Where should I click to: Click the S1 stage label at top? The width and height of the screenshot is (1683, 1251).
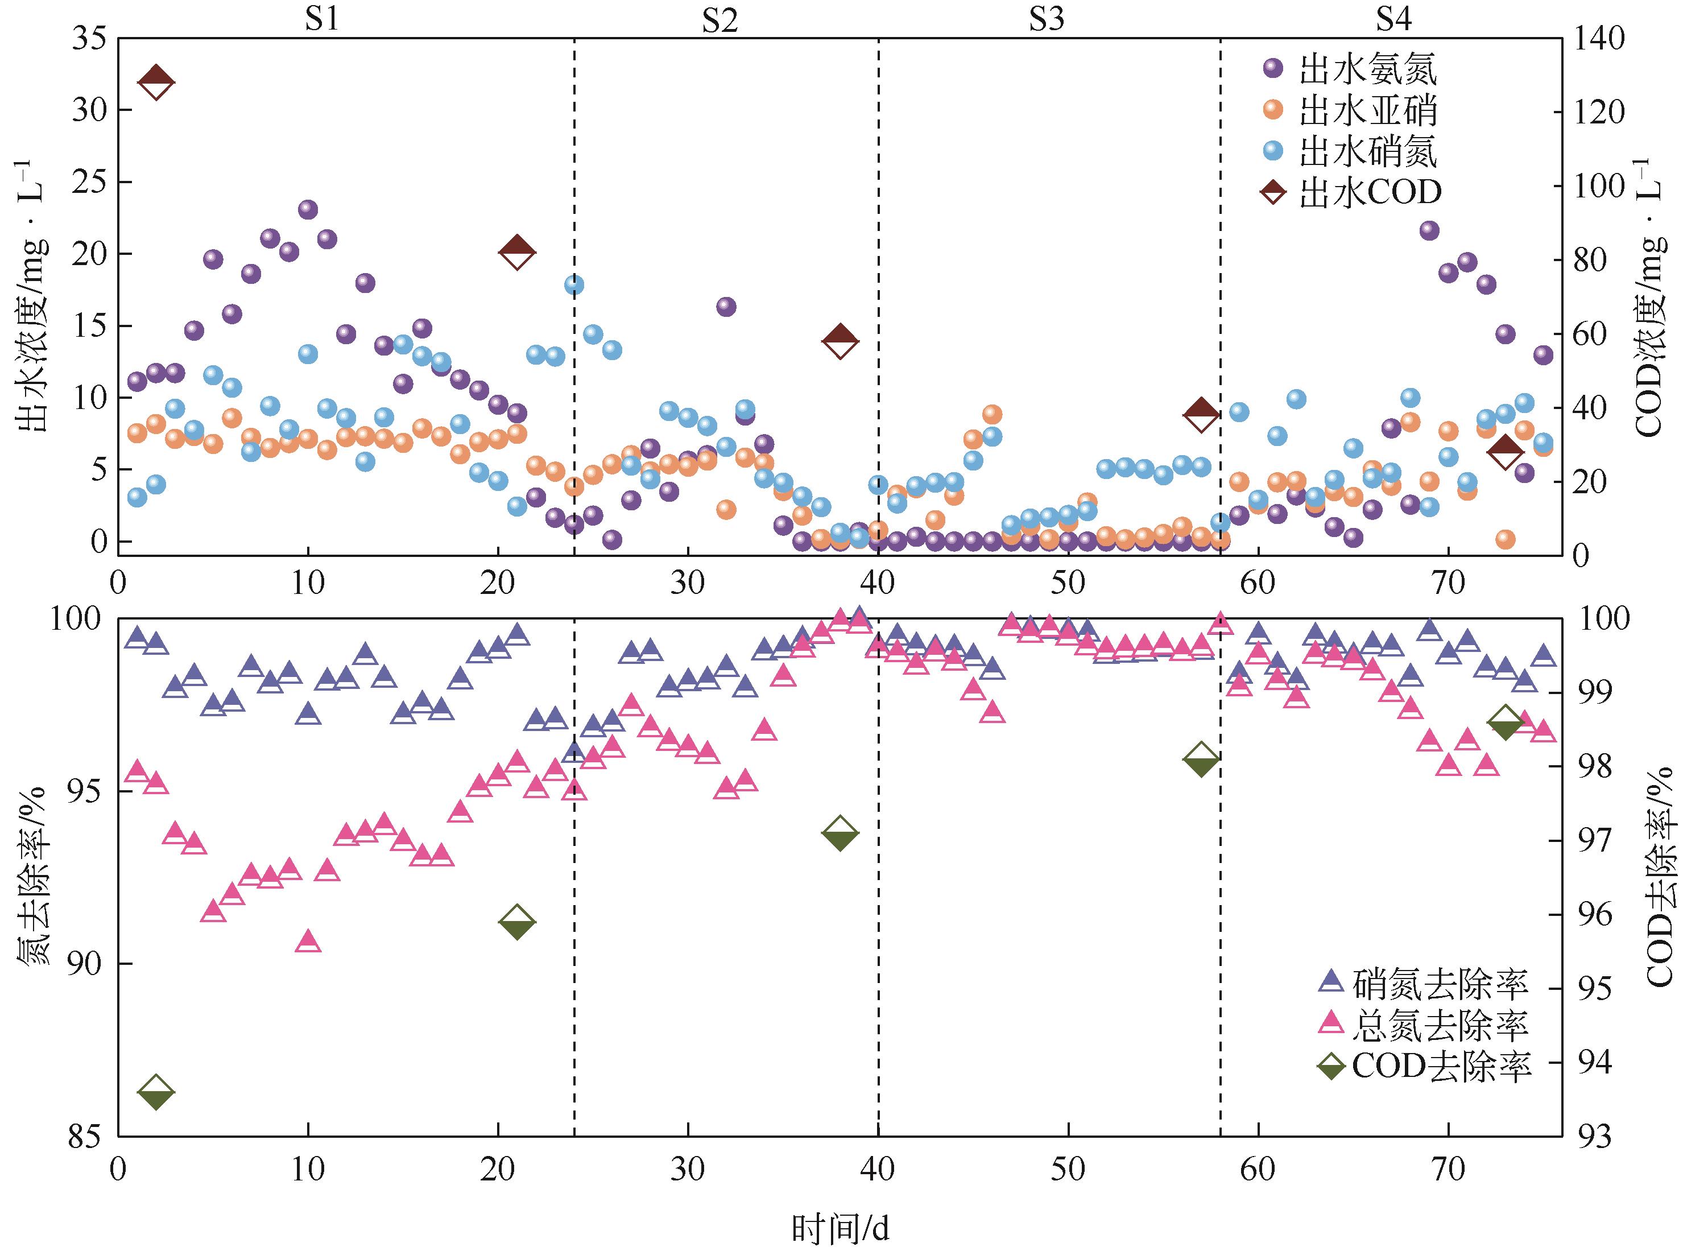322,19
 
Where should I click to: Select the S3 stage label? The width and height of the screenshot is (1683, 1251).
1047,19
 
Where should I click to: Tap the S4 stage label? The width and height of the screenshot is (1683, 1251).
1392,19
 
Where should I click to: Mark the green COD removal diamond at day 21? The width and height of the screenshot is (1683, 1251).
517,922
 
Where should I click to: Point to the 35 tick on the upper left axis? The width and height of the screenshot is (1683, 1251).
89,39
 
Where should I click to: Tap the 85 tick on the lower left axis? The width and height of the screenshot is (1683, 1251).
89,1137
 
